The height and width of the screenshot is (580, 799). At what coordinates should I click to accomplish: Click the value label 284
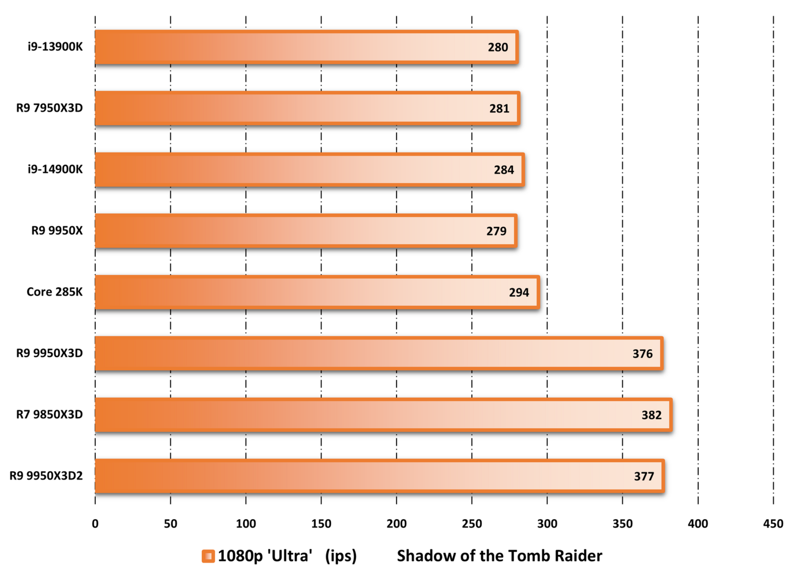click(504, 170)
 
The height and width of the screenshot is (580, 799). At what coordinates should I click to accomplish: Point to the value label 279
click(496, 231)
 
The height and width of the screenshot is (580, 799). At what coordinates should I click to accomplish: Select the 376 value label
click(642, 354)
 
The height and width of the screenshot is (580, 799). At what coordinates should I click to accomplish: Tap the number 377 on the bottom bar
click(644, 477)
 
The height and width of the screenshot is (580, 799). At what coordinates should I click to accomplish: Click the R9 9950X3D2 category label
click(46, 476)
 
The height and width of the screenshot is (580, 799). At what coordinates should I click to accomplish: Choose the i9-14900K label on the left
click(55, 169)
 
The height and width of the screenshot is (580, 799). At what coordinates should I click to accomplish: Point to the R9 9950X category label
click(57, 231)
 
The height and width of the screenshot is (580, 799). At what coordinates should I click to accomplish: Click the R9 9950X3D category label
click(49, 353)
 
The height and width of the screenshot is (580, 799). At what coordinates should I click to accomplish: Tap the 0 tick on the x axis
click(95, 524)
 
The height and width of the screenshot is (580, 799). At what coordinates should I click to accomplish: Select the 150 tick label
click(321, 524)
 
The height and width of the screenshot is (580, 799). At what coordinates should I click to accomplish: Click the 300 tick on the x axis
click(547, 524)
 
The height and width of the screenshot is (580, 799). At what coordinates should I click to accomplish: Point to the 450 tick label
click(773, 524)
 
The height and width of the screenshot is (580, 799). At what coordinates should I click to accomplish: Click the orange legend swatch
click(208, 556)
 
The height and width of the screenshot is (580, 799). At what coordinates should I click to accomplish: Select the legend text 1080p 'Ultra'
click(265, 556)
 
